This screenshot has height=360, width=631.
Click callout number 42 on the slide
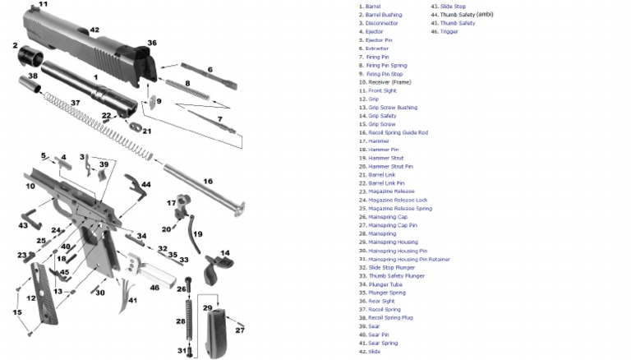(94, 30)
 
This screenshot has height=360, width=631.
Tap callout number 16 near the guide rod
(208, 181)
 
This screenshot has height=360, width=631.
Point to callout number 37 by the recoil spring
(75, 103)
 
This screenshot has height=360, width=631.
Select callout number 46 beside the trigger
(154, 288)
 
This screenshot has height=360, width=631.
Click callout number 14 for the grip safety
(224, 253)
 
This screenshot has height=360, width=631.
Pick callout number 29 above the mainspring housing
(208, 307)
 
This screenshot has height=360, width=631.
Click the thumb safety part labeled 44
(131, 182)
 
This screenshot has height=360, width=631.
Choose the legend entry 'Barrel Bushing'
(383, 15)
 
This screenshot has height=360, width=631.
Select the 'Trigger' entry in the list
(449, 31)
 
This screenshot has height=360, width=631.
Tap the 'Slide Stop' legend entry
(453, 7)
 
